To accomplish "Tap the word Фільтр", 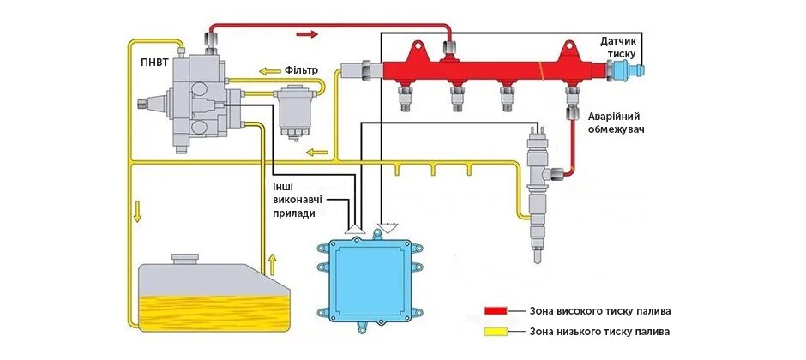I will tap(302, 70).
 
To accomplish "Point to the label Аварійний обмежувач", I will tap(615, 123).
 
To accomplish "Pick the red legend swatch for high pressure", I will tap(495, 310).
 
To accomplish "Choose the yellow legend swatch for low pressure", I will tap(495, 332).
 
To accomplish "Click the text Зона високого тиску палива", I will tap(600, 310).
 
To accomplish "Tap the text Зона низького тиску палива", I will tap(599, 332).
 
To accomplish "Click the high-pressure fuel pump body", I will tap(197, 99).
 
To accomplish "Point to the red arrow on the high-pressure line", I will tap(306, 34).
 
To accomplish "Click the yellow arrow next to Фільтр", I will tap(271, 71).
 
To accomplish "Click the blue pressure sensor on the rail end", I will tap(638, 67).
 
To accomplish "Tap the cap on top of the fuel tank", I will tap(185, 257).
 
